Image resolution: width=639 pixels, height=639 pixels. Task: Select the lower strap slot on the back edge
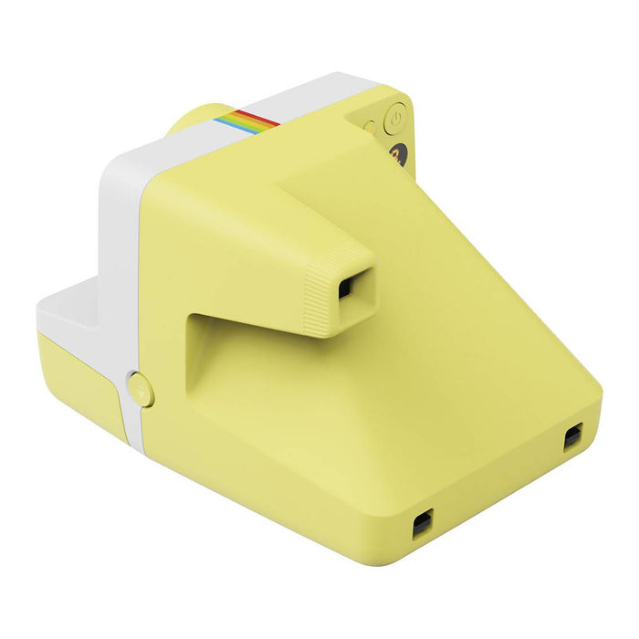(421, 524)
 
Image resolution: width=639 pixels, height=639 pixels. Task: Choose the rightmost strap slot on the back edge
(572, 436)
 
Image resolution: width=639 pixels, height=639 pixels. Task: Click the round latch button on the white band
(141, 389)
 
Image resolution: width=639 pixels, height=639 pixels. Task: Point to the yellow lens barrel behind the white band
(196, 119)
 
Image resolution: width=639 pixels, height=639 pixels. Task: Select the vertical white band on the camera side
(123, 274)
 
